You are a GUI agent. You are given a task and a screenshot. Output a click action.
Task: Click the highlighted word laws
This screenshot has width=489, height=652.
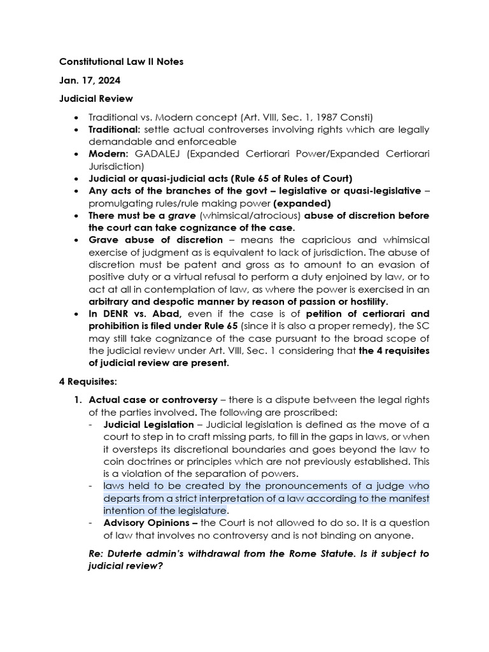coord(115,485)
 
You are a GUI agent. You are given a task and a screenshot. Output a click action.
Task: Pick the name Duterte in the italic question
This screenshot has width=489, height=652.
coord(132,553)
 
